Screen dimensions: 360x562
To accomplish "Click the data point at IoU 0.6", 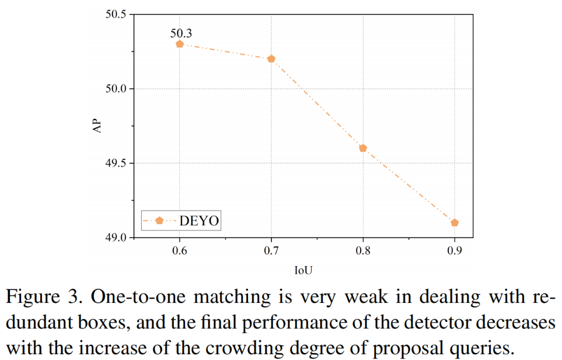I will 180,44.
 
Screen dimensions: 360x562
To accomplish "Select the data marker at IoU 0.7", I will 271,59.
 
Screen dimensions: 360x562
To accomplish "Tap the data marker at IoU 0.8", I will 363,148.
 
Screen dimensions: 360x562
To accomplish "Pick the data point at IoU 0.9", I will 455,222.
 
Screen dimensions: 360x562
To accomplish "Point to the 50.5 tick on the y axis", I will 116,15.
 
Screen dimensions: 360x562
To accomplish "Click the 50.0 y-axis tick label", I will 116,89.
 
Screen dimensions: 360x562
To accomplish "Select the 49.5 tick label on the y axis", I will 116,163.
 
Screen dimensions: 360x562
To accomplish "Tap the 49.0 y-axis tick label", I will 116,237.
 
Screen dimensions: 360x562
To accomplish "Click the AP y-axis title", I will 97,126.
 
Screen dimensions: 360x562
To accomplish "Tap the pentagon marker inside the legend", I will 159,220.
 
